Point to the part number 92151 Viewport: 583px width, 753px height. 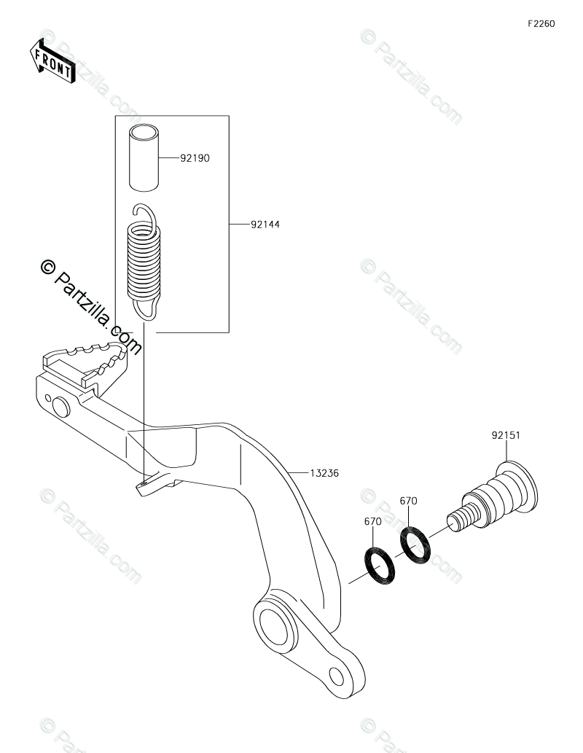click(504, 437)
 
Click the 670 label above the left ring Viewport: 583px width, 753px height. click(372, 522)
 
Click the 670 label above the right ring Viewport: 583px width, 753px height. click(408, 502)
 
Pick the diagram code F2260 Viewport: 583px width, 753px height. click(541, 23)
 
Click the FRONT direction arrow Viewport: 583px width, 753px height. click(52, 61)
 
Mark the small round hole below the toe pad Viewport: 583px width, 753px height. click(50, 399)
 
